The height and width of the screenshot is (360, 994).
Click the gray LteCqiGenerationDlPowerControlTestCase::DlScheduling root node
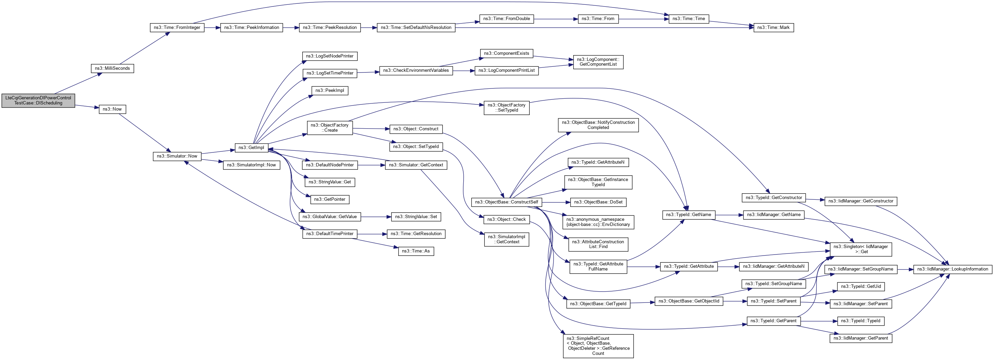[38, 100]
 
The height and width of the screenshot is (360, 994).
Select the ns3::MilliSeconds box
[112, 68]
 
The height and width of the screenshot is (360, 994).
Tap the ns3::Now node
[112, 109]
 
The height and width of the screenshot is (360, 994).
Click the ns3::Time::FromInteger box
[177, 28]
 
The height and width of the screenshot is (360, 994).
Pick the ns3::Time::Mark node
[773, 28]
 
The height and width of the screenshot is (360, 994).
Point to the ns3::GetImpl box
[251, 147]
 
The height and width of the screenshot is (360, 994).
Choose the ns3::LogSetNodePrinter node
[330, 56]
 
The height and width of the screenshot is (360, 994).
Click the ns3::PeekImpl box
[330, 90]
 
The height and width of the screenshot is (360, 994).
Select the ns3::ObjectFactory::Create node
[330, 128]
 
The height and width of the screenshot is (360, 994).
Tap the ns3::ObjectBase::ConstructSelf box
[506, 202]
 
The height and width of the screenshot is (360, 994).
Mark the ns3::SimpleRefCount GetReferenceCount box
[598, 346]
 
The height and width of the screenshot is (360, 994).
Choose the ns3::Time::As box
[416, 251]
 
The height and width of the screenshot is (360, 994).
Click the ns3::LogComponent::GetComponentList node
[598, 62]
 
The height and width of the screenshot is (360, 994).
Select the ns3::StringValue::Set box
[416, 216]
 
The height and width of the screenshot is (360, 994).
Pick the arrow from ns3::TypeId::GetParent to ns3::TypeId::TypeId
[818, 321]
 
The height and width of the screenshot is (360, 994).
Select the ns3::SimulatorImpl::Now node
[251, 165]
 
